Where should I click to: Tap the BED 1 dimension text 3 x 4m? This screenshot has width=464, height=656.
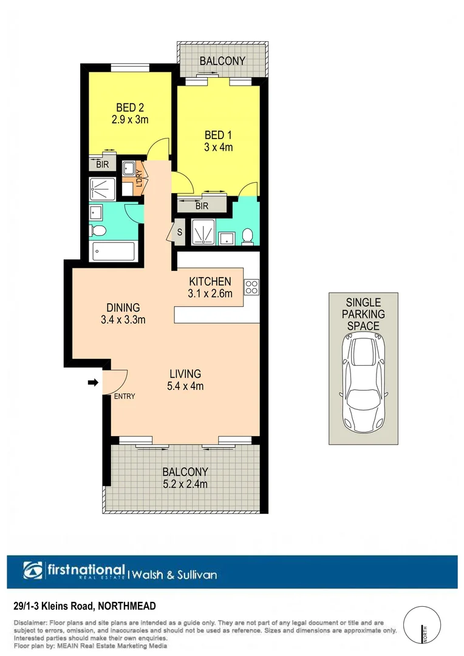pyautogui.click(x=219, y=147)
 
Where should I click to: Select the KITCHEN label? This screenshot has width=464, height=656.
pyautogui.click(x=210, y=281)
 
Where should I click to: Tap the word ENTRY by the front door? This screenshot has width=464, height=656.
pyautogui.click(x=125, y=396)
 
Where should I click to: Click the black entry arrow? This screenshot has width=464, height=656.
pyautogui.click(x=92, y=382)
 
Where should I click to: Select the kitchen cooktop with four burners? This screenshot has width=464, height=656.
pyautogui.click(x=251, y=285)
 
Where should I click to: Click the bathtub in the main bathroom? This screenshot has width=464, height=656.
pyautogui.click(x=112, y=251)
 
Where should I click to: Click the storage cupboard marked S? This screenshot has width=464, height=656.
pyautogui.click(x=180, y=231)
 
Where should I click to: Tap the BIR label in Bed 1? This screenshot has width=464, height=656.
pyautogui.click(x=202, y=207)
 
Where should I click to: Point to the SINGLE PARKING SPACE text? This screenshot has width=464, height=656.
pyautogui.click(x=363, y=314)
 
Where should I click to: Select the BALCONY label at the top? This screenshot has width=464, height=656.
pyautogui.click(x=222, y=61)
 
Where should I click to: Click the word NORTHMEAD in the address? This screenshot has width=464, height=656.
pyautogui.click(x=126, y=606)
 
